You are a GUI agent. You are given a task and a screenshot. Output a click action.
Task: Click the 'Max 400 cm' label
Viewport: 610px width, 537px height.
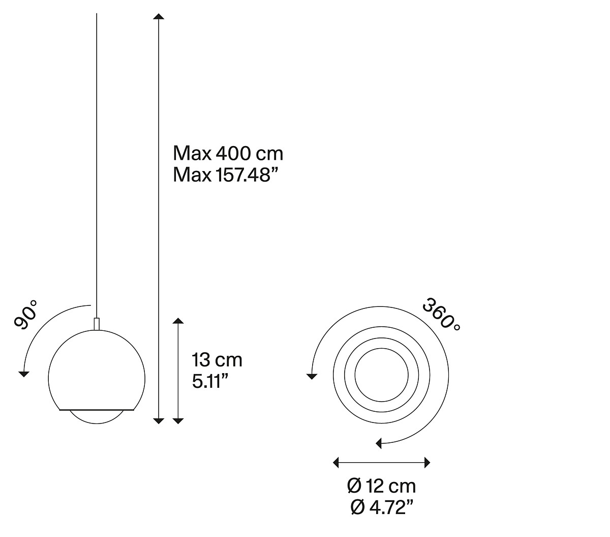pyautogui.click(x=228, y=154)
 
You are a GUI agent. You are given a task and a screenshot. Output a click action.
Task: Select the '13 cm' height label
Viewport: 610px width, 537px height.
pyautogui.click(x=217, y=360)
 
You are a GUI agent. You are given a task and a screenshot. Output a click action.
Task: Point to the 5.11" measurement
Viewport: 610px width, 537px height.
pyautogui.click(x=210, y=381)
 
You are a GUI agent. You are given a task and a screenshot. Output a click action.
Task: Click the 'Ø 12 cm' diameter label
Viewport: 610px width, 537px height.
pyautogui.click(x=381, y=486)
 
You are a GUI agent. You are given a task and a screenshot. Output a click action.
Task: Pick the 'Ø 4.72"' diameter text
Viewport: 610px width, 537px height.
pyautogui.click(x=381, y=507)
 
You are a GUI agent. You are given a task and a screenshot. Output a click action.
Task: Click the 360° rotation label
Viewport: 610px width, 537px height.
pyautogui.click(x=441, y=314)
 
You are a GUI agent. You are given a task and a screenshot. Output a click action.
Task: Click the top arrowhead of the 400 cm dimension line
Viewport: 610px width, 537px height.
pyautogui.click(x=159, y=17)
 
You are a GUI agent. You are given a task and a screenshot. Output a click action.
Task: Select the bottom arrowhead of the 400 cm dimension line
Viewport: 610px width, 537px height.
pyautogui.click(x=159, y=421)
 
